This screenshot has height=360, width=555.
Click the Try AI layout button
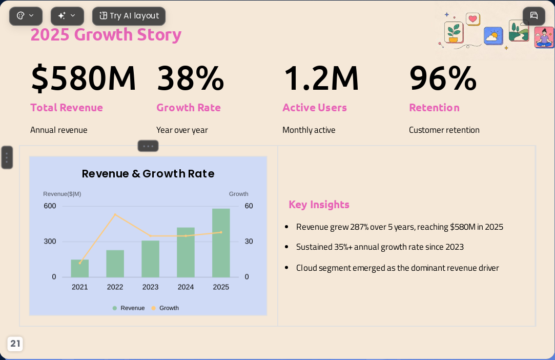(x=129, y=16)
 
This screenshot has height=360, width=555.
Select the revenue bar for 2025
(x=221, y=243)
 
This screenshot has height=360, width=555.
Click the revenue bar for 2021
(x=79, y=268)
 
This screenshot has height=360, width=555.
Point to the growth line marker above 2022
(x=115, y=214)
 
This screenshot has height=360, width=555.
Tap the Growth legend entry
(x=165, y=308)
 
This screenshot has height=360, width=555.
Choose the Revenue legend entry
(x=129, y=308)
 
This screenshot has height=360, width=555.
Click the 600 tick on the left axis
(x=50, y=206)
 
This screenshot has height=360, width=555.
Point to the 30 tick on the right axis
(x=249, y=242)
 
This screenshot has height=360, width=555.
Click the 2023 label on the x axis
(x=151, y=287)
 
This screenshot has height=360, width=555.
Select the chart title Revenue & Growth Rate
(x=148, y=174)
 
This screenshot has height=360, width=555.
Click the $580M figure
(x=84, y=78)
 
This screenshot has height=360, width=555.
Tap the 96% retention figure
(x=443, y=78)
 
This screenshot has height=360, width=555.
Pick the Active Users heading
(x=315, y=107)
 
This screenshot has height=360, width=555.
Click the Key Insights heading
(x=319, y=205)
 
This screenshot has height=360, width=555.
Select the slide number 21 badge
(x=15, y=344)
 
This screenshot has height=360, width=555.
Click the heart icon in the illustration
(x=472, y=19)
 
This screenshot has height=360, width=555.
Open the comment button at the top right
(x=534, y=16)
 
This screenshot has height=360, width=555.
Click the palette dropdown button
(x=26, y=16)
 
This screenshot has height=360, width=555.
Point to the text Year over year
(x=182, y=130)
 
